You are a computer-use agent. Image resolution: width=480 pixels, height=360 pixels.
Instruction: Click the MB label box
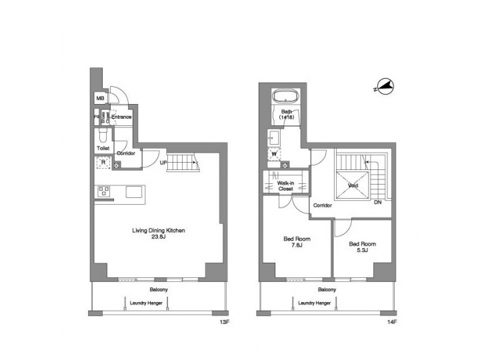(101, 99)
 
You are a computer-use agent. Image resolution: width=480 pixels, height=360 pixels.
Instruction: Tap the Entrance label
(121, 118)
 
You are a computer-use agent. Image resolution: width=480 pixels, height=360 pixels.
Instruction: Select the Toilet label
(103, 148)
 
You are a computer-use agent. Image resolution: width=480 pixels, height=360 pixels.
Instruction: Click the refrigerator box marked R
(103, 163)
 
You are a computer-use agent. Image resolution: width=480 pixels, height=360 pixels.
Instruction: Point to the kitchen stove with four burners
(104, 191)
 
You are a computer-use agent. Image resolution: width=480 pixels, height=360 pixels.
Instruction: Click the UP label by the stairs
(163, 162)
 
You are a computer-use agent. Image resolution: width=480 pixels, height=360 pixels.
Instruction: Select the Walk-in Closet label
(285, 185)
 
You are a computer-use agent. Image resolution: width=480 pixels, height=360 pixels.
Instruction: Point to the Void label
(353, 185)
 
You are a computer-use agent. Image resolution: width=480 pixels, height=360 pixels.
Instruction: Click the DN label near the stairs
(377, 202)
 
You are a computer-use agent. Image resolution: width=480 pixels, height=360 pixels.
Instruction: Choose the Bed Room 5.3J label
(362, 247)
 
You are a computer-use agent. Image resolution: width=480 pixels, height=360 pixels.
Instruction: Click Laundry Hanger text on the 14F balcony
(315, 303)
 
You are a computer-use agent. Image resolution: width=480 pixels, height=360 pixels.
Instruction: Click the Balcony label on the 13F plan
(158, 290)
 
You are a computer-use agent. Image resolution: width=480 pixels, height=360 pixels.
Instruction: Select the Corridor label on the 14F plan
(323, 206)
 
